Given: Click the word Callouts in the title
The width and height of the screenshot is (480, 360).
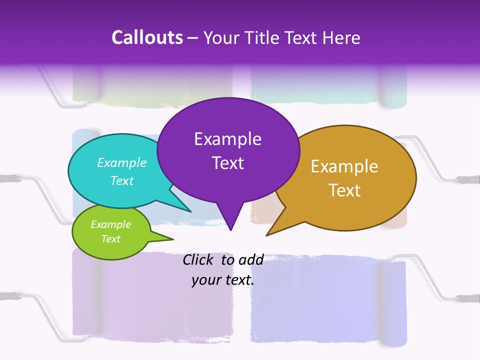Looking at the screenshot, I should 147,37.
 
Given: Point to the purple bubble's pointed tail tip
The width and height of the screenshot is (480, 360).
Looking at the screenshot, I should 230,229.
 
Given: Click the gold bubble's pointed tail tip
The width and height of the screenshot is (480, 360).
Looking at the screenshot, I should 267,234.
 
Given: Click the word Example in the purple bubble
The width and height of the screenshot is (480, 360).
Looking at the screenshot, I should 227,139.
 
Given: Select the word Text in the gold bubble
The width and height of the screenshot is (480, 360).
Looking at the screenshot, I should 344,190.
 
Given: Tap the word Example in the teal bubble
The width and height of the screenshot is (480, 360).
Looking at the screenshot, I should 122,163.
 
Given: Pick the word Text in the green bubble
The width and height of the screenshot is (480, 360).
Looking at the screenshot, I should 111,239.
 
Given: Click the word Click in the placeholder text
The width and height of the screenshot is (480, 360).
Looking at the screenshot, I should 197,259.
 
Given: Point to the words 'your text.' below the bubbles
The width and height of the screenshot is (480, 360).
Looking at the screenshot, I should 223,280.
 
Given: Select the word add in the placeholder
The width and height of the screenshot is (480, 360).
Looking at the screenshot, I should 251,259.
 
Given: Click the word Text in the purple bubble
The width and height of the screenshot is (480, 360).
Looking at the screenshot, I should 228,163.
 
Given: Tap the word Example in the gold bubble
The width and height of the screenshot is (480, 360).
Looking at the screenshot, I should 344,166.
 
